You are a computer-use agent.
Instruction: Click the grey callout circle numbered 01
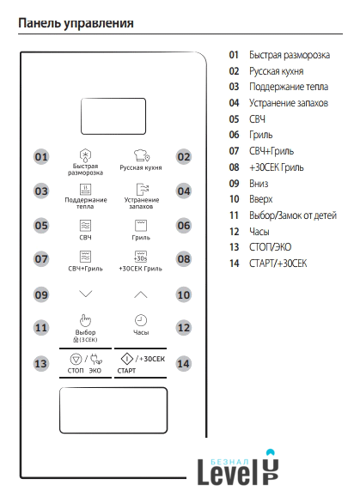coord(41,157)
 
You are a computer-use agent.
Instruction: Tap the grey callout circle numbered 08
coord(184,259)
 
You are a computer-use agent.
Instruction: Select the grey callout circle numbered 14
coord(184,364)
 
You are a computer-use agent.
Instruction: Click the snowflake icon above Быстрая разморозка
coord(85,155)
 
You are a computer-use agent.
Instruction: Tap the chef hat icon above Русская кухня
coord(142,155)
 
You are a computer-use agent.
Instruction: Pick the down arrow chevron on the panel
coord(86,294)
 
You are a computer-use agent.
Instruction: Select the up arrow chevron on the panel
coord(141,294)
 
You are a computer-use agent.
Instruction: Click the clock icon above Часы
coord(141,320)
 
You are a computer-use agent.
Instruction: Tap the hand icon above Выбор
coord(85,320)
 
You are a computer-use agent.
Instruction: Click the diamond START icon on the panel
coord(127,359)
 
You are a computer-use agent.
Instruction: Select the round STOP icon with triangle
coord(76,359)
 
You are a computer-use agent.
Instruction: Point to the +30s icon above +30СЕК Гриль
coord(141,257)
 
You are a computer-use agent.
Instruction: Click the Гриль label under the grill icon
coord(141,238)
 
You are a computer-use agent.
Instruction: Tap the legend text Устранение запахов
coord(289,103)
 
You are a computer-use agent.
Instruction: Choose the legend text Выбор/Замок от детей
coord(293,215)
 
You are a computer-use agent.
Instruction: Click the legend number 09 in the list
coord(234,184)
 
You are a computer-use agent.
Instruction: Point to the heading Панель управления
coord(76,23)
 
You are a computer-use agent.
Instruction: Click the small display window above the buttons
coord(113,117)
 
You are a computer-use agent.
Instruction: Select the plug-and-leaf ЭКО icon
coord(95,359)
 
